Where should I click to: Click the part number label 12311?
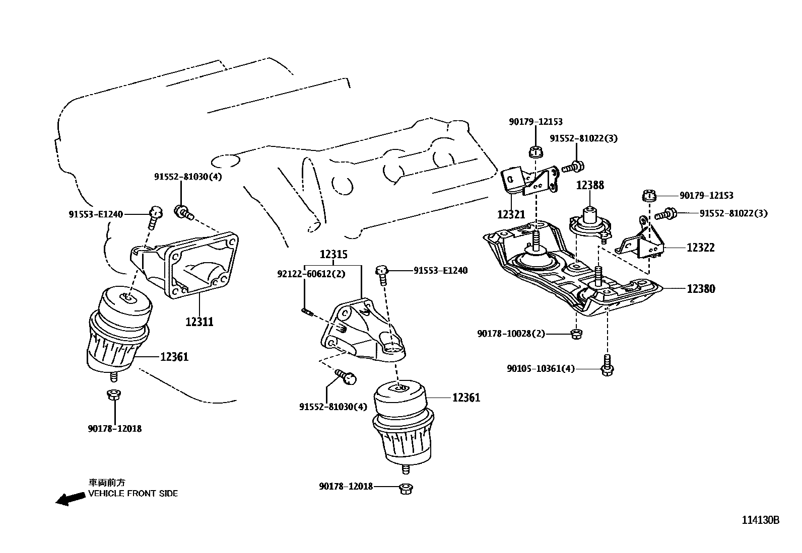pos(199,321)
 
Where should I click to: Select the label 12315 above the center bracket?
pos(332,255)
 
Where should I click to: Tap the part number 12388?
pos(590,185)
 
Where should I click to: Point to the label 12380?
pos(701,289)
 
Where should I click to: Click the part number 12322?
pos(701,248)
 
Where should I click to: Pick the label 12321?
pos(511,214)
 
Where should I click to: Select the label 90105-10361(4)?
pos(541,369)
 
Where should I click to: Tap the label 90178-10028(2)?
pos(511,334)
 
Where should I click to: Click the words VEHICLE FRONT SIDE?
pos(133,494)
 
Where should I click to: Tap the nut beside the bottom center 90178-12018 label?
pos(404,488)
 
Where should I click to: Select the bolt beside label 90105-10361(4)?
pos(608,366)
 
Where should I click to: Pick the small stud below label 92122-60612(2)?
pos(307,312)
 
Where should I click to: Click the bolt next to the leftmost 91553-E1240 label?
pos(155,215)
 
